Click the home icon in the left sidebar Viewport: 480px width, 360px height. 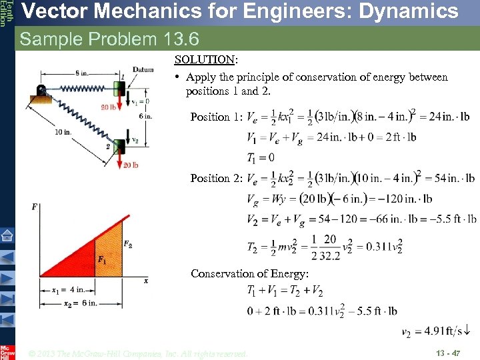[7, 235]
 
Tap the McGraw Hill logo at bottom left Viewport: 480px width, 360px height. [7, 352]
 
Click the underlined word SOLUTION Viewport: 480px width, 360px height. [195, 59]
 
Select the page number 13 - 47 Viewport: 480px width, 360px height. [448, 353]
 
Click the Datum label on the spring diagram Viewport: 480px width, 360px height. [143, 70]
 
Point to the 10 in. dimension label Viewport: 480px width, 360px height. [63, 132]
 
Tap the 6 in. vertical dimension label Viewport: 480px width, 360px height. [145, 115]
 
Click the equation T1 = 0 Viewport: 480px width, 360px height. [261, 157]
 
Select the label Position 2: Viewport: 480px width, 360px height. [216, 178]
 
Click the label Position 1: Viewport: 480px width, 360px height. [216, 117]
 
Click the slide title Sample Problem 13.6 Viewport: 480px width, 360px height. [109, 39]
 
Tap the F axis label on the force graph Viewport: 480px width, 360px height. [34, 207]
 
